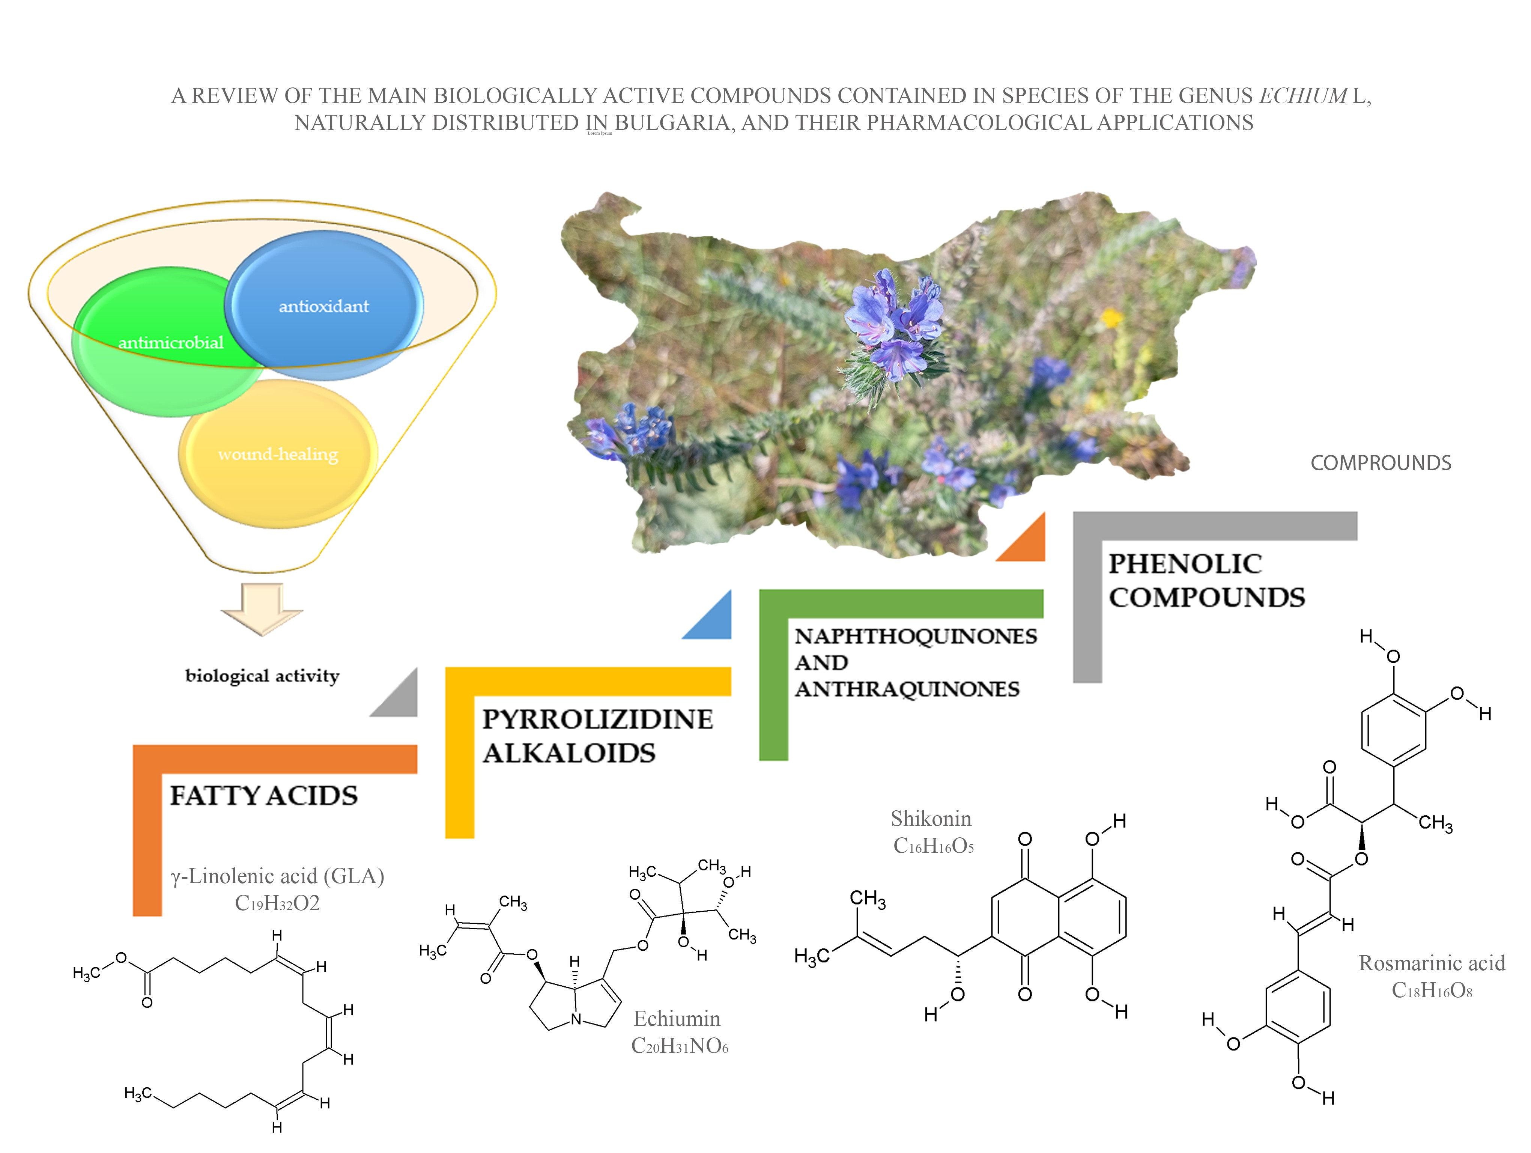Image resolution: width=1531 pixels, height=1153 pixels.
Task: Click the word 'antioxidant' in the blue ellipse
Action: coord(323,307)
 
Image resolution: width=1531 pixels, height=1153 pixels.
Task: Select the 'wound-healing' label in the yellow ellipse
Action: coord(278,455)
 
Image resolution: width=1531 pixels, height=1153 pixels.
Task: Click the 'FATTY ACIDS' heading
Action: coord(264,796)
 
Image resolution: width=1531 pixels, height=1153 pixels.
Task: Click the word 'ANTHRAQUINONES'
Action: coord(907,689)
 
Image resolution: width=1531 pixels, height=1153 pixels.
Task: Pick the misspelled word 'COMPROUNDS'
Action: coord(1381,463)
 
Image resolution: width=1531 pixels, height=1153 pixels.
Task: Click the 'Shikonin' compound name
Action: coord(931,819)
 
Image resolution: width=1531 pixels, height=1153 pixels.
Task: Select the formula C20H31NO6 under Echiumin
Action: coord(680,1046)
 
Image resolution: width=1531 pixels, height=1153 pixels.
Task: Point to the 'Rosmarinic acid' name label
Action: coord(1431,963)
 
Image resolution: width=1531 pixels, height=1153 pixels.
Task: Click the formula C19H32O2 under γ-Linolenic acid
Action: coord(277,903)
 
